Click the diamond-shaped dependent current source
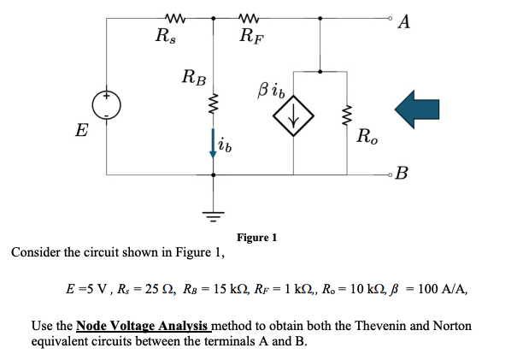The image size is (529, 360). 293,120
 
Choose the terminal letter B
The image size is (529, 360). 403,176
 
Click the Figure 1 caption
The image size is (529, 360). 256,237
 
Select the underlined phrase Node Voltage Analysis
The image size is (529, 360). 142,326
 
